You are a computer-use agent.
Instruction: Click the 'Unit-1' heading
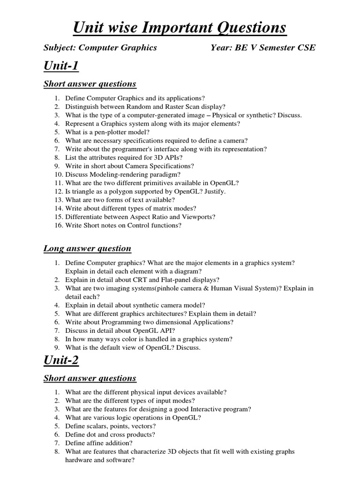point(61,66)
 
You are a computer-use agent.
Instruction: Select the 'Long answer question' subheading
point(87,248)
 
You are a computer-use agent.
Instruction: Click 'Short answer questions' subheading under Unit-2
point(90,378)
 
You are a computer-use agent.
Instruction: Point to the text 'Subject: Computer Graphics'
point(100,47)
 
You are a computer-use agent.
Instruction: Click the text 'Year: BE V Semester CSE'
point(263,47)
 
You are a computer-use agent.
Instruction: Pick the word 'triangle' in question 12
point(85,191)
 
